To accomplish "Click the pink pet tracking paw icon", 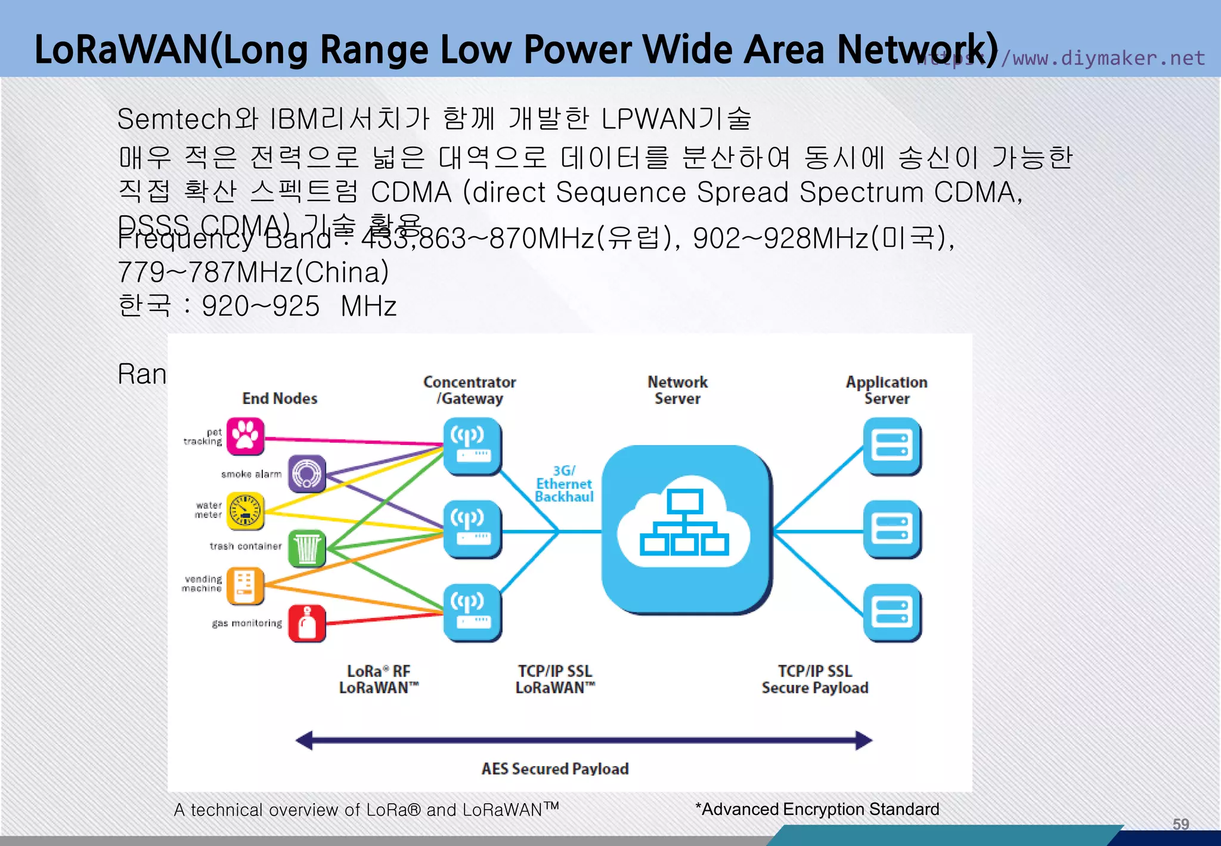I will (x=245, y=436).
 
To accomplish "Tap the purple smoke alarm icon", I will (x=307, y=474).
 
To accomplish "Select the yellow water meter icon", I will (x=245, y=511).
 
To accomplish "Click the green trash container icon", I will (x=307, y=548).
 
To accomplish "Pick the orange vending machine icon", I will (x=245, y=585).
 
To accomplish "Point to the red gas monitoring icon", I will (x=307, y=623).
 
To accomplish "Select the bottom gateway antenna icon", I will (x=472, y=612).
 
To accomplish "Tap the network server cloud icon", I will (x=686, y=529).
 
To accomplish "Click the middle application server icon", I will (x=892, y=529).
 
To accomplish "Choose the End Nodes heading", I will (x=280, y=399).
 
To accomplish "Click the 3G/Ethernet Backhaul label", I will (x=564, y=484).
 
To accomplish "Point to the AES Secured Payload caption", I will (x=554, y=768).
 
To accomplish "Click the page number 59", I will (x=1180, y=824).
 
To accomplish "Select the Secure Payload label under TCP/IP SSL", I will (x=814, y=688).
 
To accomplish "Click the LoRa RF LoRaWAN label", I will (x=379, y=680).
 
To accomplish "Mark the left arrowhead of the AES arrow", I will (x=304, y=740).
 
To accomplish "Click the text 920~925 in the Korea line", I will (x=261, y=306).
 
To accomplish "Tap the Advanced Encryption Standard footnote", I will (x=817, y=809).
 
